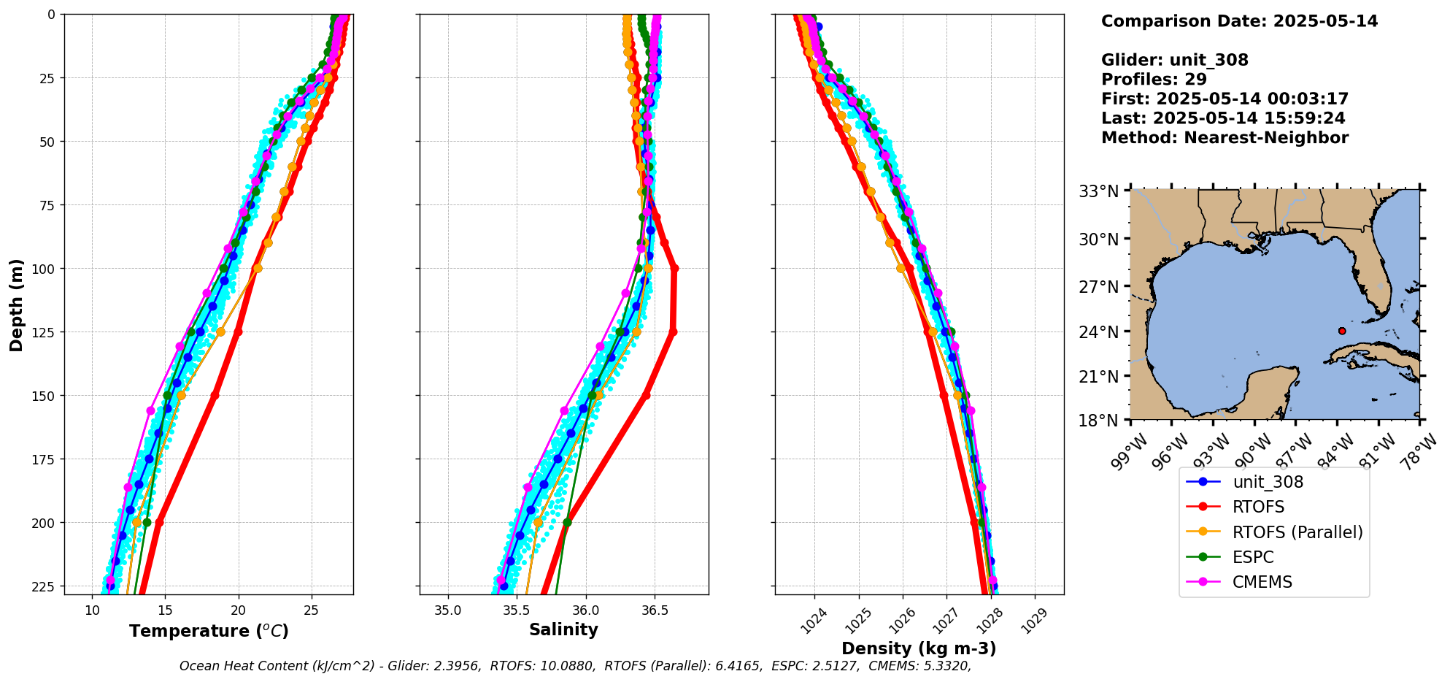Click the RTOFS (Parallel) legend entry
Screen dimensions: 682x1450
[x=1297, y=532]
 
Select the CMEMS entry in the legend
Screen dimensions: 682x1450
[x=1262, y=582]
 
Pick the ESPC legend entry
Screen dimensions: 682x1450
[x=1252, y=557]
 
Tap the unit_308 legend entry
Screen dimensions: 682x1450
[x=1268, y=482]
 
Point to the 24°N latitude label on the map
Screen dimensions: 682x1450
[x=1099, y=332]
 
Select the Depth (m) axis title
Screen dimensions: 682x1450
[x=16, y=304]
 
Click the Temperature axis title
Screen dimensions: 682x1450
[x=209, y=631]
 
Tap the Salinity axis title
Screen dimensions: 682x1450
[x=563, y=629]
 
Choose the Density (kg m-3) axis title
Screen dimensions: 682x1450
[x=919, y=648]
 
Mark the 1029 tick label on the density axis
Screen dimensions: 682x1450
[x=1034, y=621]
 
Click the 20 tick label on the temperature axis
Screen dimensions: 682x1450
[x=238, y=610]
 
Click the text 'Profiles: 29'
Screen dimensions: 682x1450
[x=1154, y=79]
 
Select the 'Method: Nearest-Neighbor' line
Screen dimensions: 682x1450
[x=1225, y=137]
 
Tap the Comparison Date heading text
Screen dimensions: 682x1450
[x=1239, y=21]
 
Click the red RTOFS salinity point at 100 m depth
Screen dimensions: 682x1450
[x=674, y=269]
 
